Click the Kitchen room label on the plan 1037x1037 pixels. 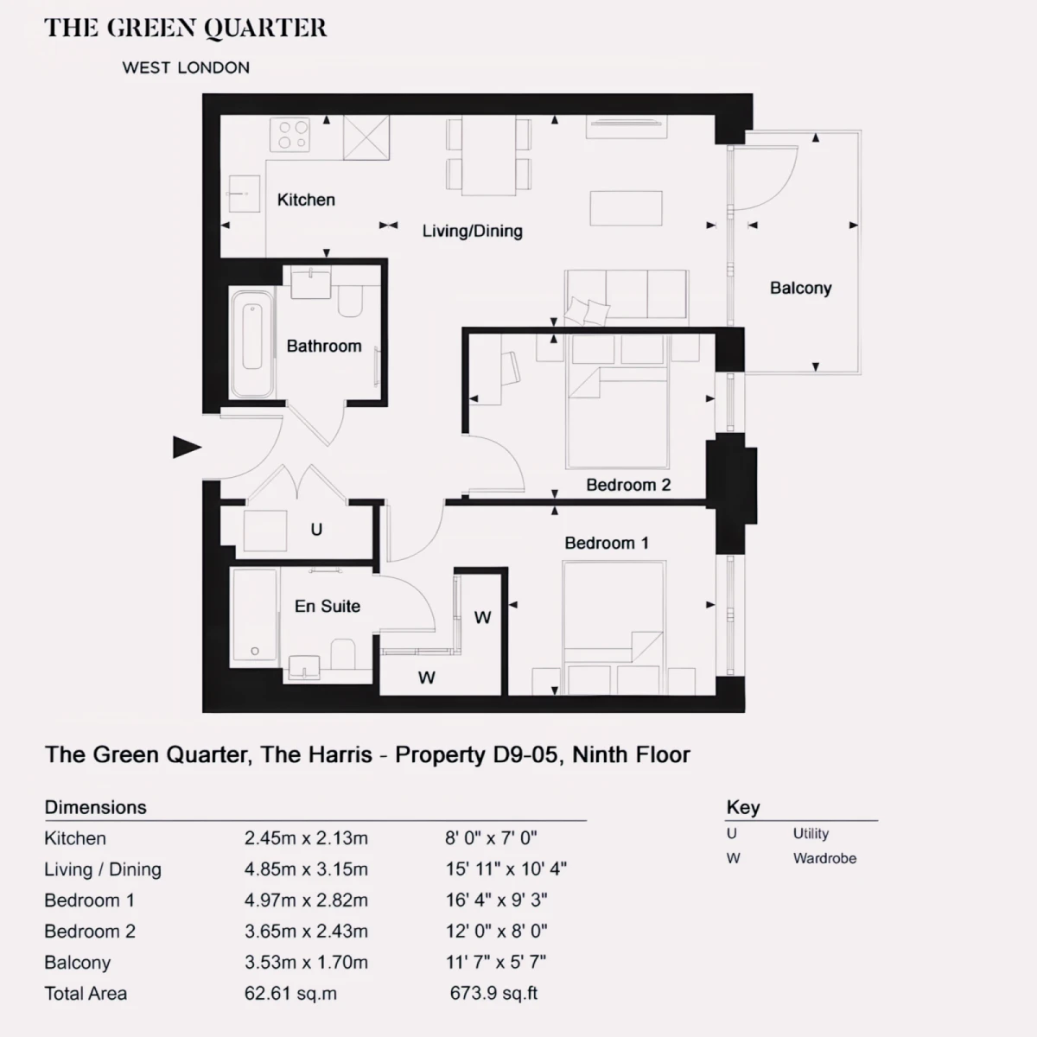[306, 200]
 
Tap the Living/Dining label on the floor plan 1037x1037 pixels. [472, 232]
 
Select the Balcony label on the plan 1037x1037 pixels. [800, 289]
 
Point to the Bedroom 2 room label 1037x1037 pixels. [628, 486]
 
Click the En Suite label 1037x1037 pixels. [328, 607]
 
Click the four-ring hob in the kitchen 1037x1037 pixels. [289, 135]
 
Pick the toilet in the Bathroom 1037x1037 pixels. [350, 301]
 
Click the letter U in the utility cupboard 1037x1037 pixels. [316, 530]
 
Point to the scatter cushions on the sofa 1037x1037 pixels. [587, 311]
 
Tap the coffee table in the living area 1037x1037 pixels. [626, 208]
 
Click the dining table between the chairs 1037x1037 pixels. [488, 156]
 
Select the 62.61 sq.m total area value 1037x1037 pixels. [290, 994]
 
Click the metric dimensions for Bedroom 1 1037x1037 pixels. [306, 900]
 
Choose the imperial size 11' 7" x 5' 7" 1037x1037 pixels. [496, 962]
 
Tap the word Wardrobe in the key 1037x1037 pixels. [824, 858]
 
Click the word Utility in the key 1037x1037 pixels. [811, 834]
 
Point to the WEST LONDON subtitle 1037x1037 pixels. [186, 67]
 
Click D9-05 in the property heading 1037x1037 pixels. [525, 755]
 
